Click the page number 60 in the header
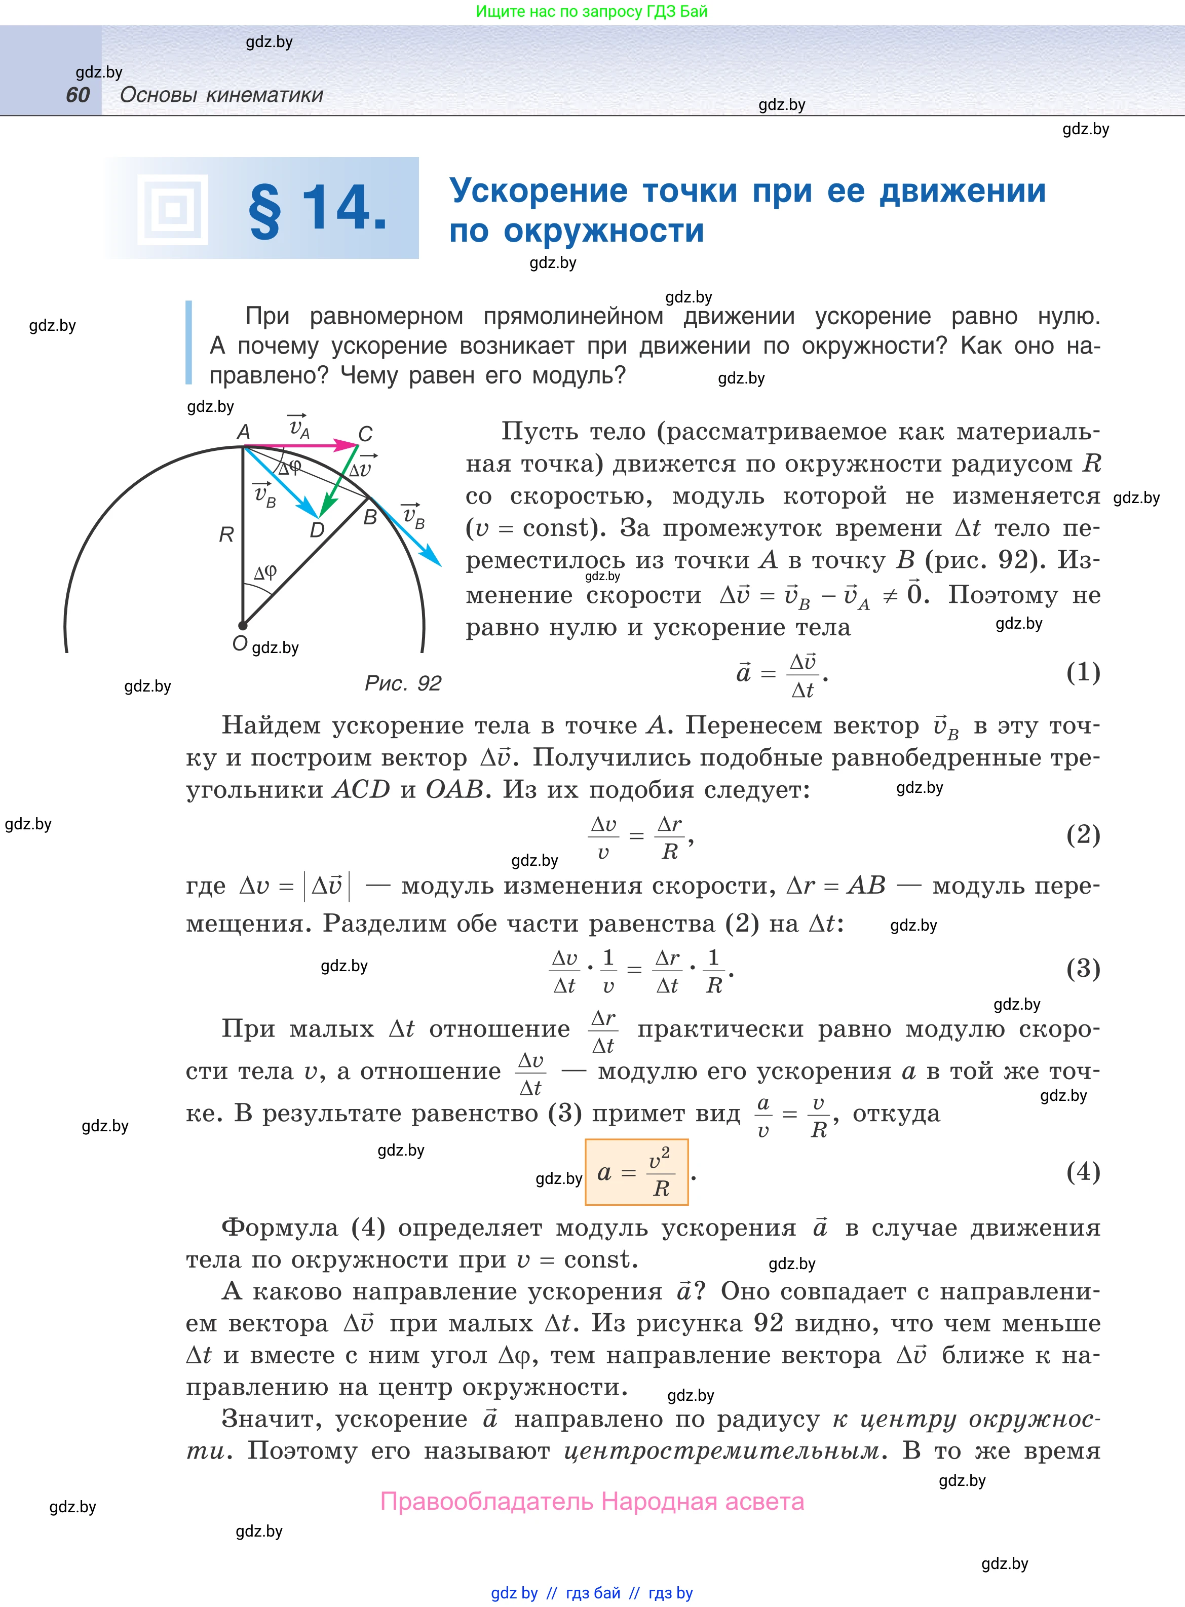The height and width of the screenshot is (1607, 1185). [x=78, y=95]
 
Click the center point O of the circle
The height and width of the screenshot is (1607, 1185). [x=243, y=625]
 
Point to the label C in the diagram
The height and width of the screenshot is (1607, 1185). [x=365, y=434]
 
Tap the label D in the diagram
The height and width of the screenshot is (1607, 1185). [x=316, y=530]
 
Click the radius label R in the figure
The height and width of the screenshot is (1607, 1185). [x=226, y=534]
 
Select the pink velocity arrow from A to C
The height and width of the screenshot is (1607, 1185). [x=301, y=446]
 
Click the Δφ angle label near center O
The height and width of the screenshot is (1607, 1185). [x=264, y=572]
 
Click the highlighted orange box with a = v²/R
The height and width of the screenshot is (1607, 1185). [x=636, y=1172]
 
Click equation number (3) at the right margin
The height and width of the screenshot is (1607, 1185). [x=1083, y=968]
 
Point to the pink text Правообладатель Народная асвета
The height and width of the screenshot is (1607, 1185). [x=592, y=1501]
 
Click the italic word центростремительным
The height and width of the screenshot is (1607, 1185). [x=721, y=1450]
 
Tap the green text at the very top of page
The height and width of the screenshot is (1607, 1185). [x=592, y=12]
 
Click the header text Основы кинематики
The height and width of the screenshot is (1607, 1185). [x=222, y=95]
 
